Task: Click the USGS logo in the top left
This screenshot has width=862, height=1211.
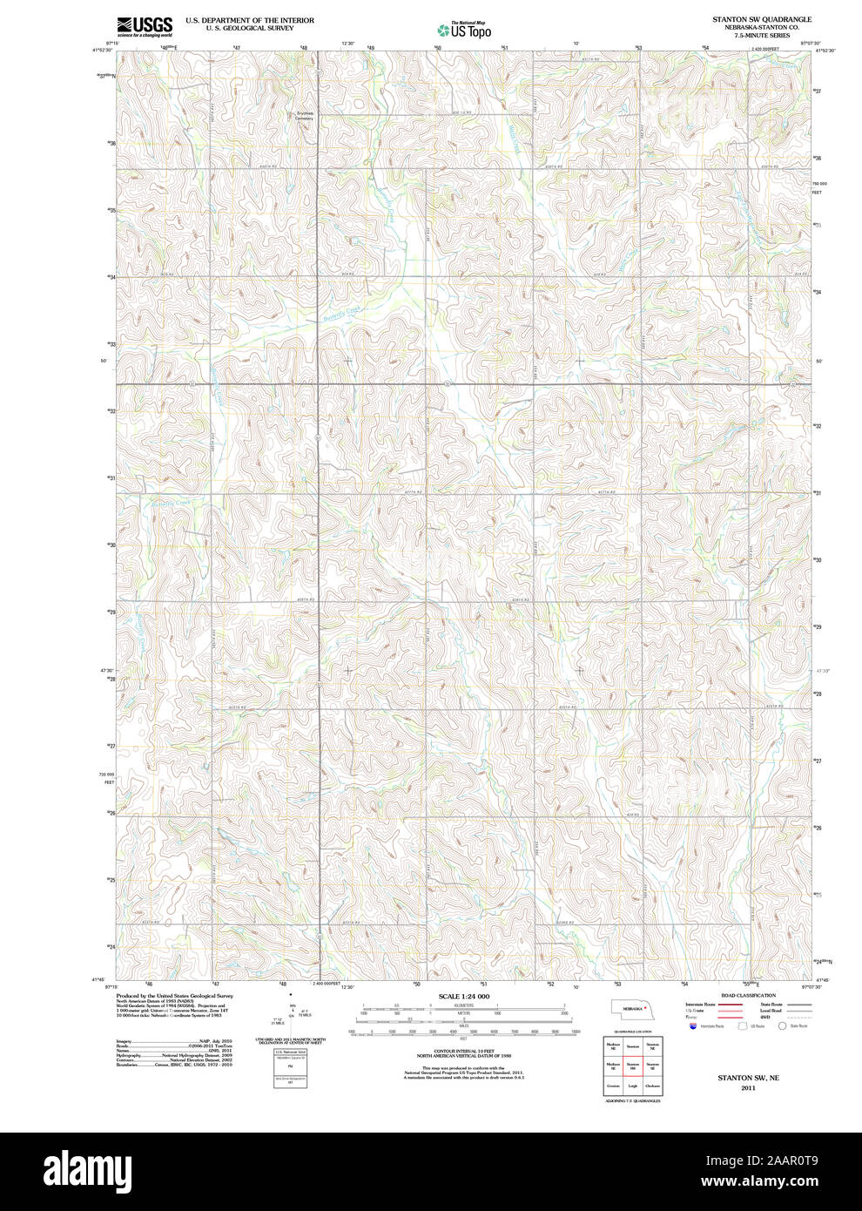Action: click(x=144, y=25)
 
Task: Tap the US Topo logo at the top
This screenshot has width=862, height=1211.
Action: click(x=464, y=29)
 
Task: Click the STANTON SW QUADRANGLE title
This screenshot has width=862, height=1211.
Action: click(x=762, y=18)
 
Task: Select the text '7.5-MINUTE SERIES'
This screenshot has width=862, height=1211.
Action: click(x=762, y=35)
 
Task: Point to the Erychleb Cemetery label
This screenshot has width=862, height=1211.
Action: click(x=304, y=115)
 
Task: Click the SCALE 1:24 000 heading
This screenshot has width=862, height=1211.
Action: click(x=463, y=996)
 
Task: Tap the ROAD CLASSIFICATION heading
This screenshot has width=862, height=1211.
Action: click(x=748, y=995)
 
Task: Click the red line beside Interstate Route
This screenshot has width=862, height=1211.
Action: click(x=730, y=1005)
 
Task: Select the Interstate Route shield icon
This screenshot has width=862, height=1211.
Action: click(x=692, y=1026)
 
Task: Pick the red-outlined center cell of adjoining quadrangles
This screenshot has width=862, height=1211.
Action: click(x=633, y=1065)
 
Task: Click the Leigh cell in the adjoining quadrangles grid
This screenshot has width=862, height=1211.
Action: click(x=633, y=1086)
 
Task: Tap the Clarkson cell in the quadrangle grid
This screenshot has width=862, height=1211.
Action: click(x=653, y=1086)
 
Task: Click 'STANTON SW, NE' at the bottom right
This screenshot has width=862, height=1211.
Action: click(x=748, y=1078)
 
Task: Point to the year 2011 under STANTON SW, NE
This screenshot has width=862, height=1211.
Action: click(x=748, y=1088)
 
